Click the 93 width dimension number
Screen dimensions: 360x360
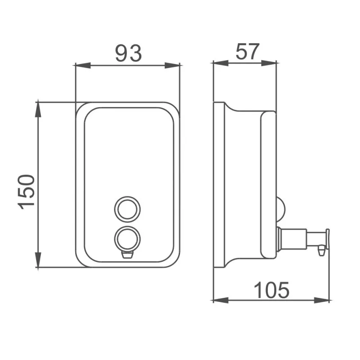[128, 54]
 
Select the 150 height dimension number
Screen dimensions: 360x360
[27, 192]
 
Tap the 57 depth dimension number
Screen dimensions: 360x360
[247, 51]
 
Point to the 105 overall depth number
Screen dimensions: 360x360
[272, 290]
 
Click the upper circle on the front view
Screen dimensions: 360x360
[127, 209]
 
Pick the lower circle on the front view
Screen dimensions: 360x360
[127, 239]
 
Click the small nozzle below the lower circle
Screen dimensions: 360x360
[127, 255]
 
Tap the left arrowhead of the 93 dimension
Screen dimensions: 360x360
[83, 65]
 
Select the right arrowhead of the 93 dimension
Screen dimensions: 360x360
[172, 65]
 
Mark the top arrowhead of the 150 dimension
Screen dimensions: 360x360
[38, 110]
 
